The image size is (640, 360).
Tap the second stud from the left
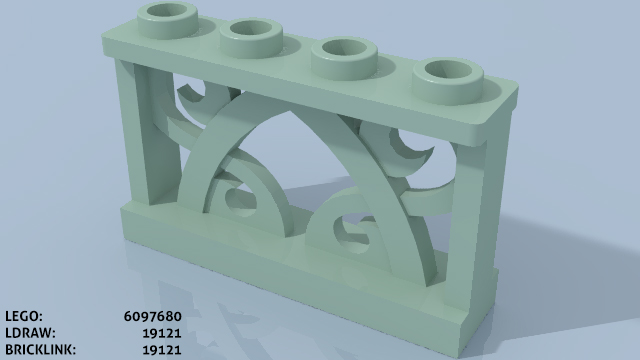point(251,39)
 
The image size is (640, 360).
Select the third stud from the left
point(344,58)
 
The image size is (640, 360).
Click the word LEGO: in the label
point(24,316)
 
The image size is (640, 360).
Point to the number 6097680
point(152,316)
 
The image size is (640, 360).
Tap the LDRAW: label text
point(30,333)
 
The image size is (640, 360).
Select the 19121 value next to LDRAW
point(162,333)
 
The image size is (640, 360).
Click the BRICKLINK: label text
point(40,350)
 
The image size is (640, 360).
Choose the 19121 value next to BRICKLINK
point(162,350)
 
